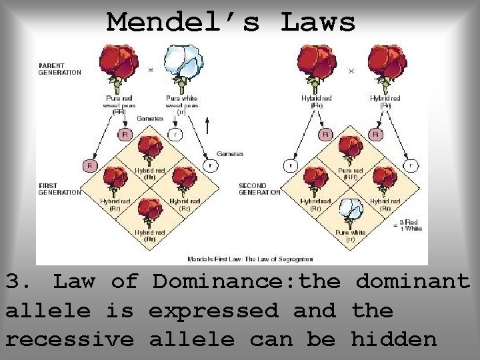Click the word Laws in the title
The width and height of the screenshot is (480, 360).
click(318, 22)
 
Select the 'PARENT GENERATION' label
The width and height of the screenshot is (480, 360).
click(60, 69)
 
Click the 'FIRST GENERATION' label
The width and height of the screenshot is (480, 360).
click(59, 189)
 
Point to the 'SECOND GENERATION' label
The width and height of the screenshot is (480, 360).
click(259, 188)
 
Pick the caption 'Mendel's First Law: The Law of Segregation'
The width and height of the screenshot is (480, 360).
click(249, 259)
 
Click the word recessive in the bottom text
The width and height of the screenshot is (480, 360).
click(70, 339)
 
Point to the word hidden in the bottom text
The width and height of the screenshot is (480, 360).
click(393, 339)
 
